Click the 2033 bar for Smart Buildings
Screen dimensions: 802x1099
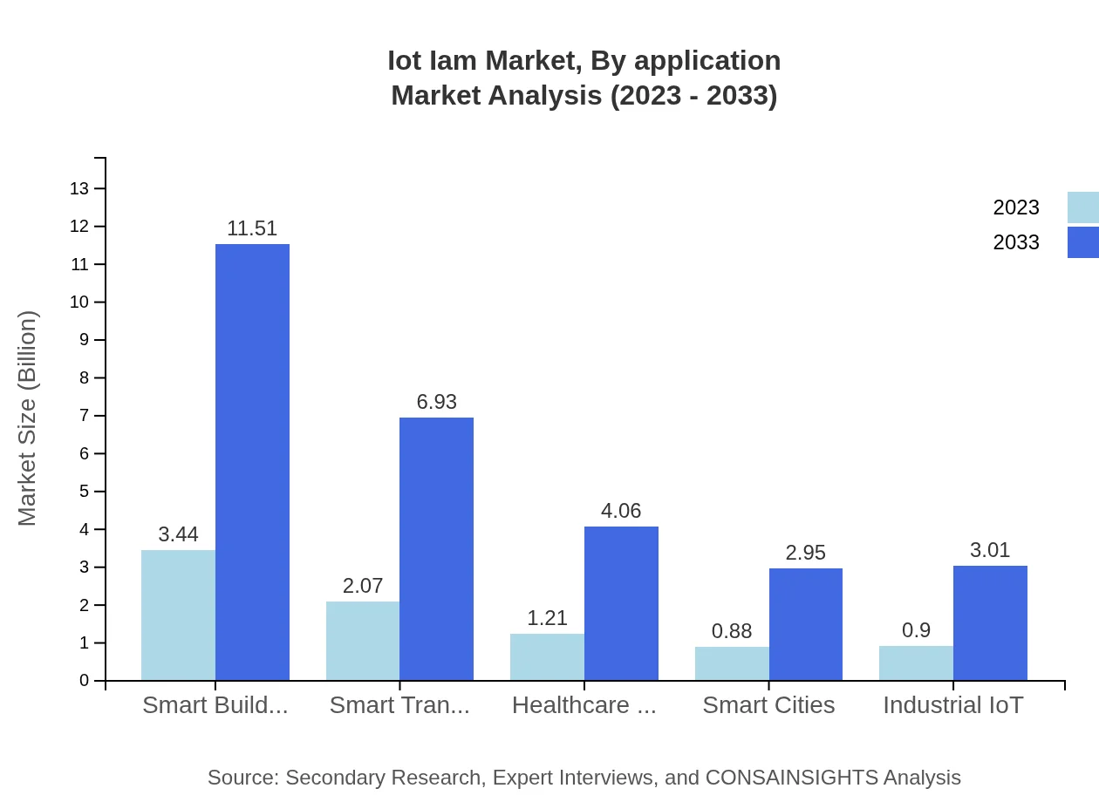click(252, 462)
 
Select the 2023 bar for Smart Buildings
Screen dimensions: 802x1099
click(178, 615)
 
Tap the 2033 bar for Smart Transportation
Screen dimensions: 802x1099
click(436, 548)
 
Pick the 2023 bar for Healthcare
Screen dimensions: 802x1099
click(547, 656)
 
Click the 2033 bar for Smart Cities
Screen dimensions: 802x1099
click(805, 624)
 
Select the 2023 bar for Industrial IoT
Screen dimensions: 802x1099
click(916, 663)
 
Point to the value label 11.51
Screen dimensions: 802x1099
click(252, 228)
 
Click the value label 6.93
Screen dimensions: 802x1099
click(436, 402)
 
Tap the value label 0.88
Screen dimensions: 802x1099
click(731, 631)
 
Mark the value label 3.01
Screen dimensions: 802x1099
click(990, 550)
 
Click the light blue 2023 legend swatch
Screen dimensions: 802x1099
click(1082, 207)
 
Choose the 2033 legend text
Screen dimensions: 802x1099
click(1015, 242)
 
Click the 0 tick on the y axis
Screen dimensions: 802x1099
click(85, 681)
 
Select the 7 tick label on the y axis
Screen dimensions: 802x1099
click(85, 416)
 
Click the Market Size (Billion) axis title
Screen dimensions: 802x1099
click(28, 418)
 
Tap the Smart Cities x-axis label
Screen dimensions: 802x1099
click(768, 705)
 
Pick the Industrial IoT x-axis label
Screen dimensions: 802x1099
click(952, 705)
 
